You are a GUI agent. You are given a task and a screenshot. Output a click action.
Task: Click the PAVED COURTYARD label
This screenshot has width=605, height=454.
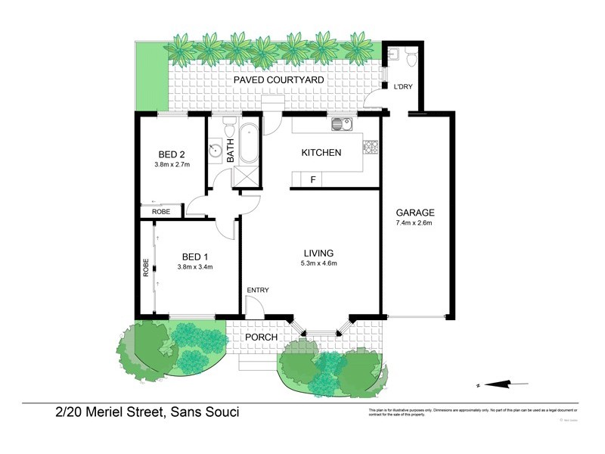(278, 79)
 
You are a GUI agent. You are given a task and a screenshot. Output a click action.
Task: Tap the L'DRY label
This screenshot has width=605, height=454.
(402, 87)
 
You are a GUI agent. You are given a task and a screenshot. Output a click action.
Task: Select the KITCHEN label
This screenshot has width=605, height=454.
(321, 152)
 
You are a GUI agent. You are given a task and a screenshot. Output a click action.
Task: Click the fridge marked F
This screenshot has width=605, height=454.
(312, 179)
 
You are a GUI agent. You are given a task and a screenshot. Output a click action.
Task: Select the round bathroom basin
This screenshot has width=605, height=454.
(216, 148)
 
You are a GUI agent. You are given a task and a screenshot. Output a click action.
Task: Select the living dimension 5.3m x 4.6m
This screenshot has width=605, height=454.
(318, 263)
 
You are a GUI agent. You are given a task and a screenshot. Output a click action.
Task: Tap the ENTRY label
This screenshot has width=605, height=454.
(257, 291)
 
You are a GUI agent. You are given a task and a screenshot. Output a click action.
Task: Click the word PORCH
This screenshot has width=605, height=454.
(260, 337)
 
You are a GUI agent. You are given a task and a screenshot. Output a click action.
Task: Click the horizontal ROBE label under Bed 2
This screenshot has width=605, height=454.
(160, 212)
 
